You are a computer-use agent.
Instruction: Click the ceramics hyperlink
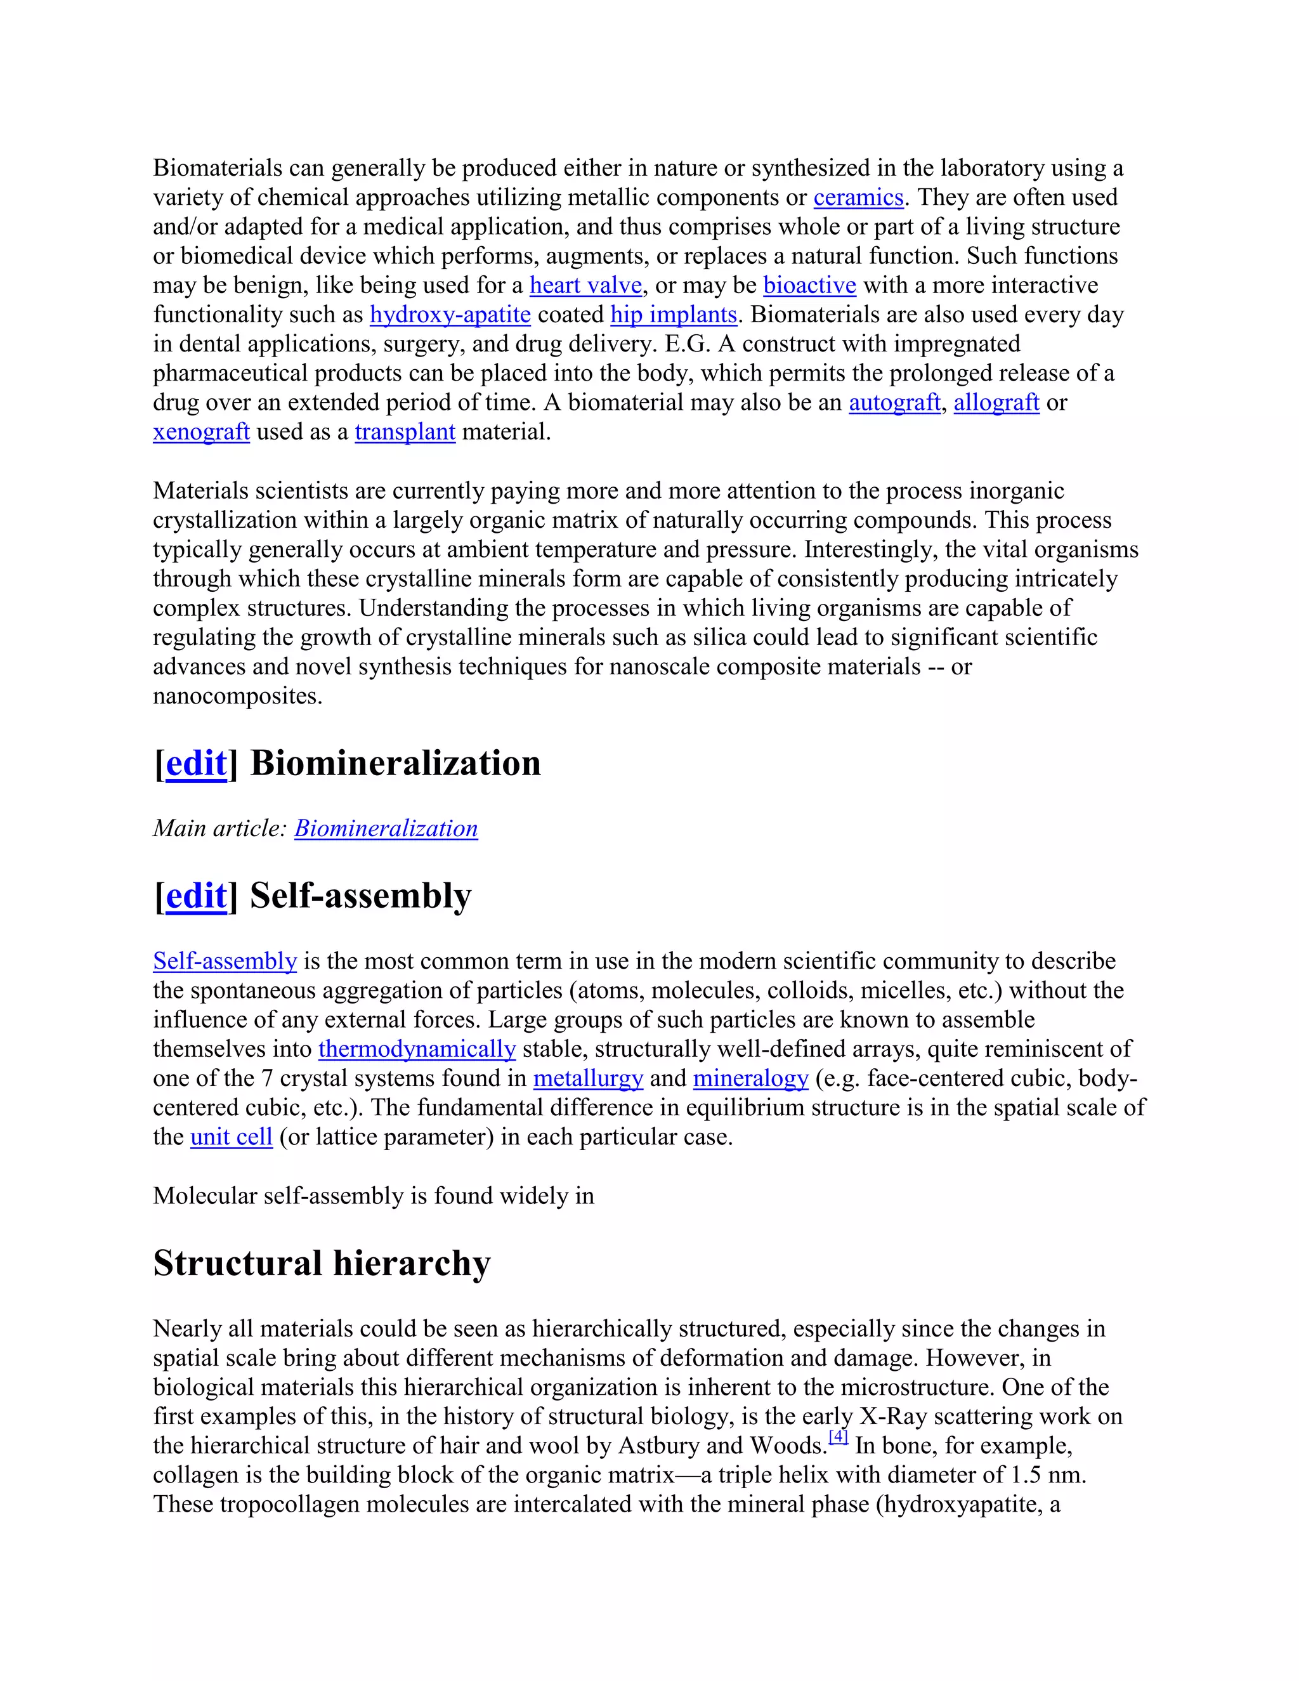click(858, 198)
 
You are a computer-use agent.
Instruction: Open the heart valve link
click(585, 285)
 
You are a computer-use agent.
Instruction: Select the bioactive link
click(809, 285)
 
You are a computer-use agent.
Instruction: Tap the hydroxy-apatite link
click(450, 315)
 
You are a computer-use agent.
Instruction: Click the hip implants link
click(674, 315)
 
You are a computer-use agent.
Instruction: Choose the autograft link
click(894, 403)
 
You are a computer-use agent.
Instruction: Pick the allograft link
click(996, 403)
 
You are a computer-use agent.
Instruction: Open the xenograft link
click(201, 432)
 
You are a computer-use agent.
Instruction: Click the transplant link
click(405, 432)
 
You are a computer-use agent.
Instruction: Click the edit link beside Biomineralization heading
click(196, 764)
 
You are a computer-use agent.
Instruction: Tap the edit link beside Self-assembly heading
click(196, 896)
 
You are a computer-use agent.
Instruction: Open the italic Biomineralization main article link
click(386, 829)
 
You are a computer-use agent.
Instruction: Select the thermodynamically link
click(417, 1049)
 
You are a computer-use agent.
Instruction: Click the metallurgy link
click(588, 1078)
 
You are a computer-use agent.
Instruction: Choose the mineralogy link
click(750, 1078)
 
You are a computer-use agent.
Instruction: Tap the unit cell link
click(231, 1137)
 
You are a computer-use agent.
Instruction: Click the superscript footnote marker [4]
click(838, 1437)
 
